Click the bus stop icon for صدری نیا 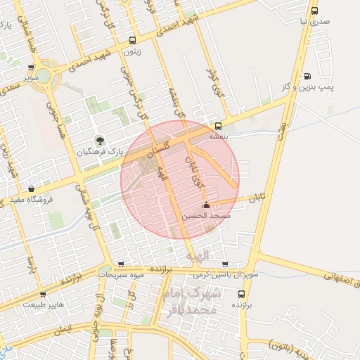click(x=314, y=11)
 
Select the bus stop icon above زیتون click(x=133, y=40)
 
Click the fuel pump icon click(x=307, y=76)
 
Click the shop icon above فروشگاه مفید click(x=32, y=189)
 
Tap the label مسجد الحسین click(x=207, y=217)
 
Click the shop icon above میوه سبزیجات click(x=122, y=264)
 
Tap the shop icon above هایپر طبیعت click(x=43, y=294)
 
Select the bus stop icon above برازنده click(x=242, y=294)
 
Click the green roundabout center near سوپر click(x=46, y=75)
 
